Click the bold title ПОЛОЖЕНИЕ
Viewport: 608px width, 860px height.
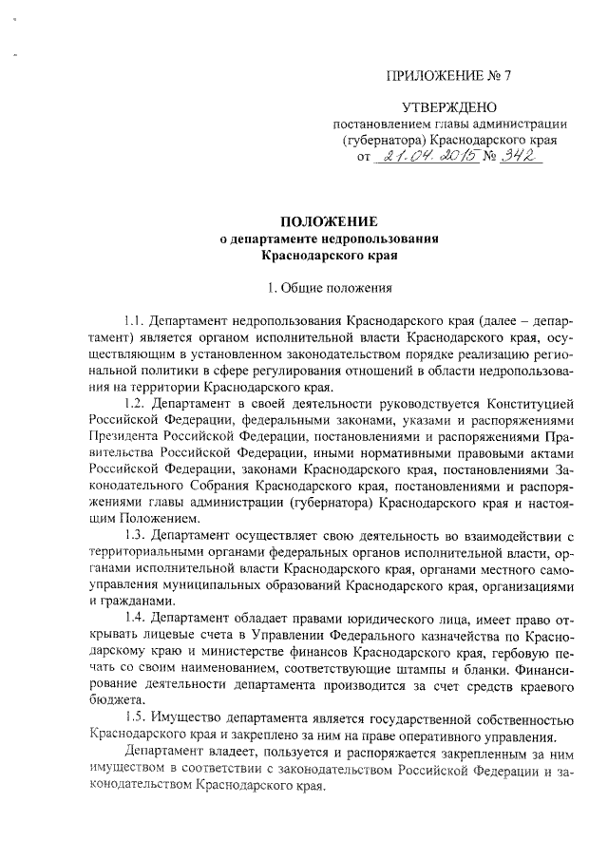329,221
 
